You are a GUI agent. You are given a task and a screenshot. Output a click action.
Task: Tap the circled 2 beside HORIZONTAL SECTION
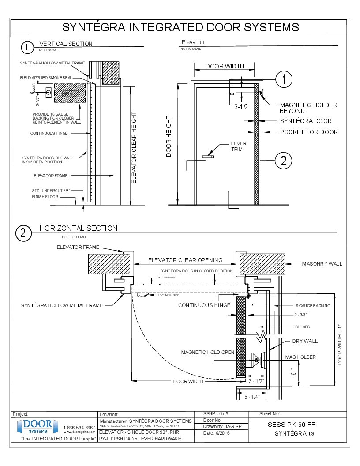23,232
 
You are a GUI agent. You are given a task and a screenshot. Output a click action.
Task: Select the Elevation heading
193,42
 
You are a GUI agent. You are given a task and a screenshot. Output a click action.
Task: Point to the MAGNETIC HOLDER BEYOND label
309,108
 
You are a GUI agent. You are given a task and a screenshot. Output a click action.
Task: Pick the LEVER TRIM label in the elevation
239,146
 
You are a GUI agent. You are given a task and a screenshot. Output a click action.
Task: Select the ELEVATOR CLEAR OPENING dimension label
185,260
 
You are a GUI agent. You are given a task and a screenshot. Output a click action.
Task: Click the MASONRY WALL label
322,264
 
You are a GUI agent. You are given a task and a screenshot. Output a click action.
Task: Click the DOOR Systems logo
37,427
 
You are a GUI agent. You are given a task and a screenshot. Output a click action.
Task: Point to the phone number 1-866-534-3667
79,428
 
